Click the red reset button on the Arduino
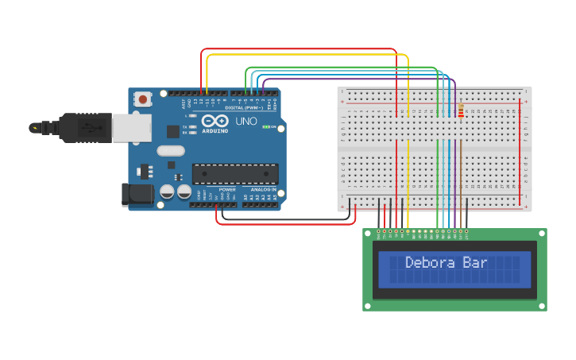(143, 99)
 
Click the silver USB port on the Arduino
(132, 127)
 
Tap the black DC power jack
(137, 195)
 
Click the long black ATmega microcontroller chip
(235, 174)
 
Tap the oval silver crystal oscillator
(171, 150)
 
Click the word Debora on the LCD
(432, 262)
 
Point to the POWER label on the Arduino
(227, 190)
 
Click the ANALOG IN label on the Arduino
(263, 190)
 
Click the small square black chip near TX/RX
(172, 131)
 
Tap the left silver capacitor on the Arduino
(167, 192)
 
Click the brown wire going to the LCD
(461, 175)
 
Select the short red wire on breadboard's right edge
(521, 151)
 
